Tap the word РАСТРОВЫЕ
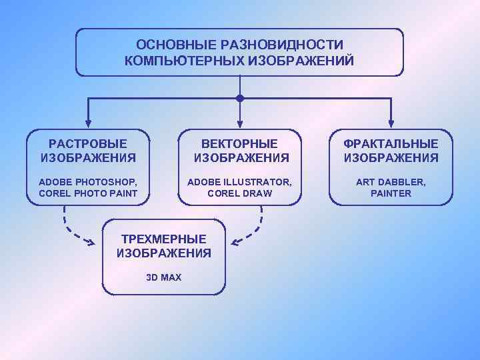click(88, 144)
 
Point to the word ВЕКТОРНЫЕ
click(241, 144)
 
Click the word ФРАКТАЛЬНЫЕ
click(391, 144)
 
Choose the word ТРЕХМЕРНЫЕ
click(163, 239)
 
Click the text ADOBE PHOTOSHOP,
click(88, 181)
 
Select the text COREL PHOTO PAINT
click(88, 193)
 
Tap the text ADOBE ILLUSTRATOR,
click(239, 181)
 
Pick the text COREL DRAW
click(239, 193)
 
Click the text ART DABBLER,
click(391, 181)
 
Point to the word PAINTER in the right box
click(391, 193)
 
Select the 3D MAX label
click(163, 277)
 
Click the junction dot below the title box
click(240, 99)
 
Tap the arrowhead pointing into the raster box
click(87, 124)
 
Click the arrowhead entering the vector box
click(240, 124)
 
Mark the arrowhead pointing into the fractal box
click(391, 124)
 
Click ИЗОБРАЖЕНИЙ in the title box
click(302, 61)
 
